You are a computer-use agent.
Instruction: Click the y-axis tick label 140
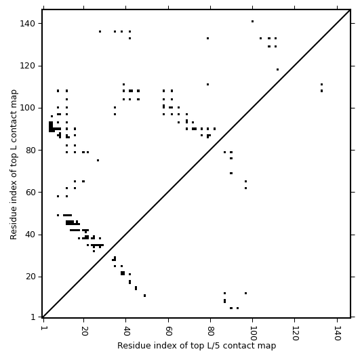click(x=27, y=24)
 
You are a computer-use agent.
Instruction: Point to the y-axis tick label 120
click(x=27, y=66)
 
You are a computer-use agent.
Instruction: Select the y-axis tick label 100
click(x=27, y=108)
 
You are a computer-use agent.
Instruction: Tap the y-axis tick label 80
click(x=30, y=150)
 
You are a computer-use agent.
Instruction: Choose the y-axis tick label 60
click(x=30, y=193)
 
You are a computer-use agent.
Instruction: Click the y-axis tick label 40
click(x=30, y=235)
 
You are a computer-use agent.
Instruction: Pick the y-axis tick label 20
click(x=30, y=277)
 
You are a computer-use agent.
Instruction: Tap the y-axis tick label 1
click(x=33, y=317)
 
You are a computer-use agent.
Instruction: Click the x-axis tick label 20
click(x=85, y=331)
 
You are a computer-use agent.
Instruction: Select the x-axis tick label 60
click(x=169, y=331)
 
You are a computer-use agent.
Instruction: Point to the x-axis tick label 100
click(x=254, y=333)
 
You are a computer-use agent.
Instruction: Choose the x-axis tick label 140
click(x=338, y=333)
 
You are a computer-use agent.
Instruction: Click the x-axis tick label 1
click(x=43, y=328)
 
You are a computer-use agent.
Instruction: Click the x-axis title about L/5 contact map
click(x=197, y=346)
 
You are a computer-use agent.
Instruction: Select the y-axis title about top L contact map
click(x=14, y=164)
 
